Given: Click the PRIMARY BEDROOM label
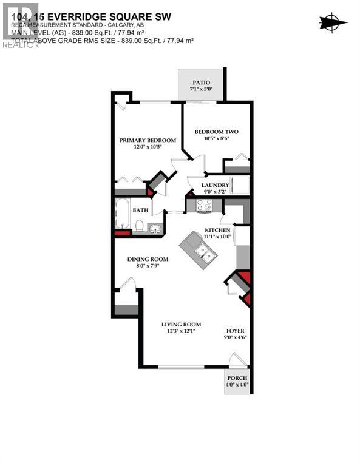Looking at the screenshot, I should click(148, 140).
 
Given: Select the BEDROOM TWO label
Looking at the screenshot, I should click(216, 132).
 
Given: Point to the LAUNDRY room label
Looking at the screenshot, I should click(216, 186).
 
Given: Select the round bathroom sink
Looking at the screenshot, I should click(155, 228).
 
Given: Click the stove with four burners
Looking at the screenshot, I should click(203, 206).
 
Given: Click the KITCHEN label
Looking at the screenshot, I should click(217, 231).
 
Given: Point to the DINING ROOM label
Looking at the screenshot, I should click(148, 259).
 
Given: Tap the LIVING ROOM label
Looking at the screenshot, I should click(181, 325).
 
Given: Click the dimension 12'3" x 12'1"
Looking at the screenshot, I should click(181, 332).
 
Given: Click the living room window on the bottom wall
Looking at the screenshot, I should click(181, 366).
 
